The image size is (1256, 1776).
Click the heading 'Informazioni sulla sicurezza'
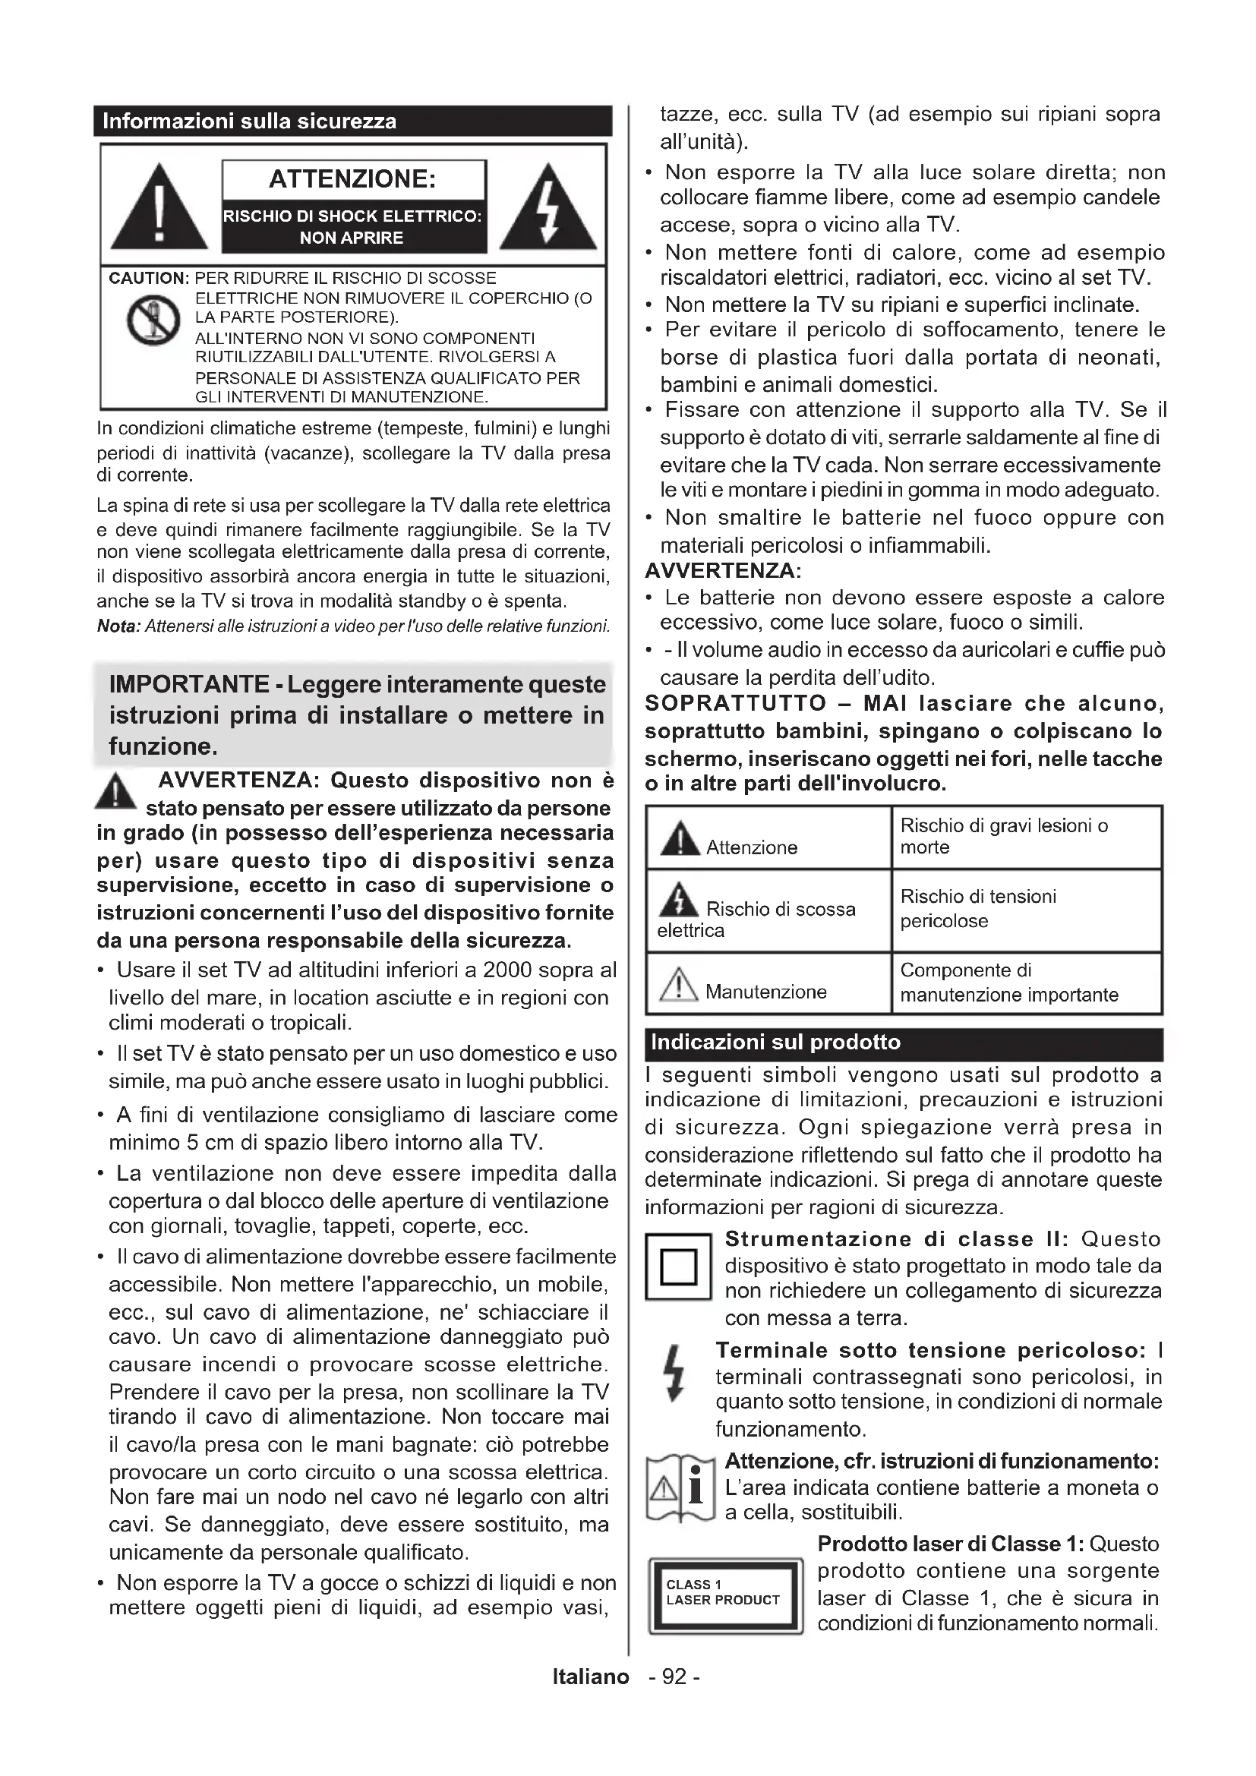pos(249,121)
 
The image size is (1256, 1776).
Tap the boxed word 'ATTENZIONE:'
pos(352,179)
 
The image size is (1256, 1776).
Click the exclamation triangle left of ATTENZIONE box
pos(159,208)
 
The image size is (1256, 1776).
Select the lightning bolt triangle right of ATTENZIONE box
pos(548,208)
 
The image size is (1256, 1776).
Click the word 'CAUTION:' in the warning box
pos(150,279)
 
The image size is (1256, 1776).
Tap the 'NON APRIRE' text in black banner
pos(352,238)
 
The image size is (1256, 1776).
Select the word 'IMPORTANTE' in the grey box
pos(189,685)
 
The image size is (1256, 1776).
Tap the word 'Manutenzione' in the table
pos(765,992)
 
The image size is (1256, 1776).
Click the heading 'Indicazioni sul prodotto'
pos(776,1043)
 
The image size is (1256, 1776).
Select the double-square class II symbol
pos(678,1267)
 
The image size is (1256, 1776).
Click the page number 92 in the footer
pos(674,1677)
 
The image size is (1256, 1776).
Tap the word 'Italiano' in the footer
pos(591,1677)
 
